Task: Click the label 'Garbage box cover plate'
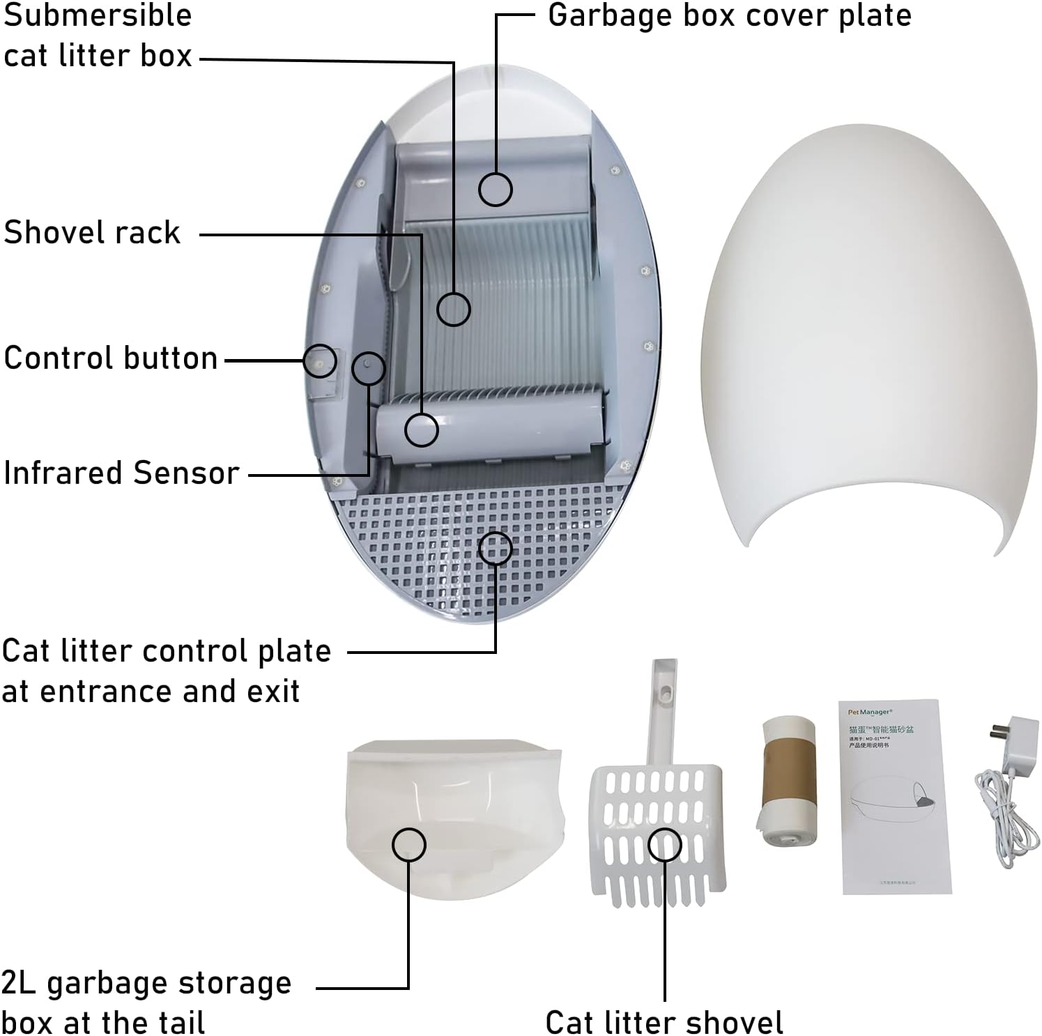(729, 15)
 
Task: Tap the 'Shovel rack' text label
(92, 232)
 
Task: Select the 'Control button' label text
(111, 358)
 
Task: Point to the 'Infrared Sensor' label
(121, 473)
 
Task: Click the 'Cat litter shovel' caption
(664, 1022)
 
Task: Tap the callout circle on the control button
(320, 361)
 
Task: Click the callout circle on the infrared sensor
(368, 368)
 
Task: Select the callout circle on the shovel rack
(421, 429)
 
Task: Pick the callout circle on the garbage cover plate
(495, 189)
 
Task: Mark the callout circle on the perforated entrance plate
(495, 548)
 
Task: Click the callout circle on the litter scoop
(664, 846)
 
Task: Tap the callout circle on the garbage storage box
(408, 846)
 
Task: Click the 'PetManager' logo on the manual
(869, 713)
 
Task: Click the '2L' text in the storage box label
(19, 983)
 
